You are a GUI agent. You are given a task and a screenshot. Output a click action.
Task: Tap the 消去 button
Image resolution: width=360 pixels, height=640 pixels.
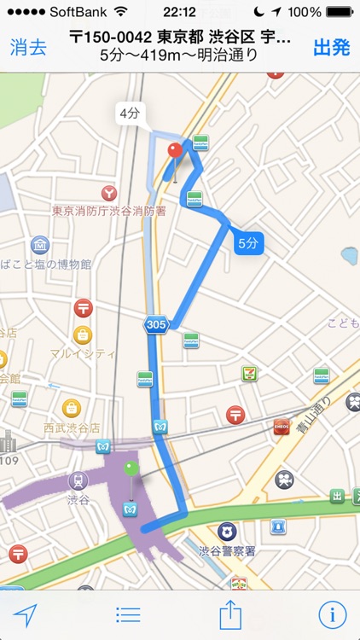[28, 47]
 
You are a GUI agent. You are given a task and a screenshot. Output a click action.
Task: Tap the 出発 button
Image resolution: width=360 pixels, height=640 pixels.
[332, 47]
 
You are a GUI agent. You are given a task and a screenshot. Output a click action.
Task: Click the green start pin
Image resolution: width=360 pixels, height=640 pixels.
[131, 468]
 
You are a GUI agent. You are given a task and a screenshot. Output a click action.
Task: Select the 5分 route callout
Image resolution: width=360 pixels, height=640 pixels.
[247, 243]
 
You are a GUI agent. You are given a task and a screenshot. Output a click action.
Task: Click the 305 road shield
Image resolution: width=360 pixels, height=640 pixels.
[155, 324]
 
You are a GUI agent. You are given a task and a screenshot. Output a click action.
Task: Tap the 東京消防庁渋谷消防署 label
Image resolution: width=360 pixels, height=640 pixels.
[108, 211]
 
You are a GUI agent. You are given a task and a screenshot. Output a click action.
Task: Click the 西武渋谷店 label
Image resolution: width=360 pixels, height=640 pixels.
[72, 427]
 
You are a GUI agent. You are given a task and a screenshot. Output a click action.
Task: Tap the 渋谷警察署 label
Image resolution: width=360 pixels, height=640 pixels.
[227, 550]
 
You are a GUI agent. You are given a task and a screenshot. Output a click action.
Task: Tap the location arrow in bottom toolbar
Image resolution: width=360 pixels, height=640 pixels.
[26, 614]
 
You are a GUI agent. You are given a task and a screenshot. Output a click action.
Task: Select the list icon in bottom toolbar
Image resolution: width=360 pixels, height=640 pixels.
[128, 614]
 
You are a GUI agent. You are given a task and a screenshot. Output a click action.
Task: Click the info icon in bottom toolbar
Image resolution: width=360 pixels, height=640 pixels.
[333, 614]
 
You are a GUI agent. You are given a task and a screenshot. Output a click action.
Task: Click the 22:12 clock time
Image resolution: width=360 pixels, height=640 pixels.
[180, 12]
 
